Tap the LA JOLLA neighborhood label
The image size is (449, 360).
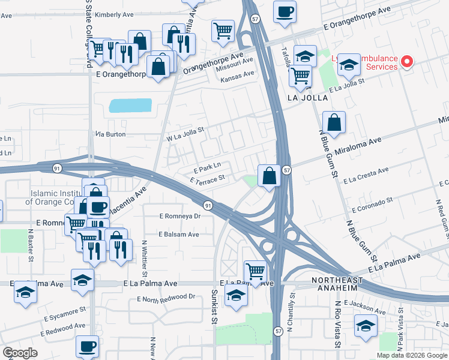(308, 97)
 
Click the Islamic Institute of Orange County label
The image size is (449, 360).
(54, 197)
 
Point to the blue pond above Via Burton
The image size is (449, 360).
(130, 106)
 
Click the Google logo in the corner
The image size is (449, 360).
(20, 353)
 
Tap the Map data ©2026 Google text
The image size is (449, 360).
(411, 355)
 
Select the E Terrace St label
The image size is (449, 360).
(206, 179)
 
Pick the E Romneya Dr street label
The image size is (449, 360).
(179, 216)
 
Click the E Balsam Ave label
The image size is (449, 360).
(179, 235)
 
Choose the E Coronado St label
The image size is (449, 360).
(372, 205)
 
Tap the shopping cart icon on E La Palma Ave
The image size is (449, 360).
(255, 272)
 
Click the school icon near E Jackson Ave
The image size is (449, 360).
(364, 327)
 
